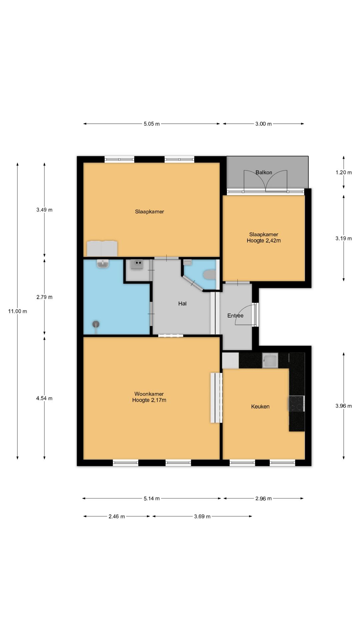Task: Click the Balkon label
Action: pos(264,172)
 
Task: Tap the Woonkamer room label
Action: pos(149,394)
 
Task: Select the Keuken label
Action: pos(260,406)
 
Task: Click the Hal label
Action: pos(182,303)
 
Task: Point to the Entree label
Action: pos(235,315)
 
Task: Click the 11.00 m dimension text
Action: pos(18,311)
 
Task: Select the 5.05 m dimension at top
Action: pos(152,124)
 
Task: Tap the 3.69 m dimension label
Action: pos(202,516)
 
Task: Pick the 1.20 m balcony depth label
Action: pos(344,172)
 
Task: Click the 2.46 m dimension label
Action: pos(117,516)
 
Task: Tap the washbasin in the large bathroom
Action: pos(103,264)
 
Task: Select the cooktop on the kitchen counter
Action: pos(296,404)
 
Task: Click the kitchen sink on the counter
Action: pos(270,360)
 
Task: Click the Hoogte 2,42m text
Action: pos(264,240)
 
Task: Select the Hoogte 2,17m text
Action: pos(149,400)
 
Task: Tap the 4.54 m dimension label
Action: pos(44,398)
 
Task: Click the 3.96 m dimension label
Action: pos(344,406)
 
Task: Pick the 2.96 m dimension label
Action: pos(263,498)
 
